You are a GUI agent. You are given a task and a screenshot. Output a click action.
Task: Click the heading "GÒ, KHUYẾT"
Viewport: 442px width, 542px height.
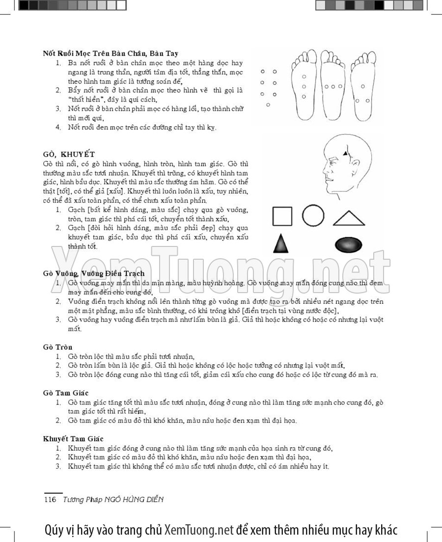tap(68, 154)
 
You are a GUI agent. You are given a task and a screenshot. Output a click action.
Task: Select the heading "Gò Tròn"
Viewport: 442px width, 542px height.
tap(57, 347)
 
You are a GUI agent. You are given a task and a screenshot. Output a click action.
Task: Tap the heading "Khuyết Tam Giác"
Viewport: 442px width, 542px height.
tap(73, 438)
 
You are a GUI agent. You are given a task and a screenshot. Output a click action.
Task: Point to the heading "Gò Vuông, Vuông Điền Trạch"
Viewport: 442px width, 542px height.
tap(94, 273)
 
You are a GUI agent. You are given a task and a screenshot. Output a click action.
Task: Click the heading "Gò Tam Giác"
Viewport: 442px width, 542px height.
tap(65, 393)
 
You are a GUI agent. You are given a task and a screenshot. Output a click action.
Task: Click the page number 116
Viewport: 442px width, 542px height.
tap(51, 500)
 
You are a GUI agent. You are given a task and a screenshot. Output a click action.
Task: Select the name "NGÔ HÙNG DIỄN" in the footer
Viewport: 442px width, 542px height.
tap(133, 500)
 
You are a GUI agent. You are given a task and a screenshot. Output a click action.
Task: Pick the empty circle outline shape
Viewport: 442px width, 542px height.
tap(313, 216)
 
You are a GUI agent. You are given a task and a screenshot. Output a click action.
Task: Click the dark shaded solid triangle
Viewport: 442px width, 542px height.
tap(280, 243)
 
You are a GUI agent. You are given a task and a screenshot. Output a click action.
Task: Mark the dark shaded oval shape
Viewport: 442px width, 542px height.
tap(348, 244)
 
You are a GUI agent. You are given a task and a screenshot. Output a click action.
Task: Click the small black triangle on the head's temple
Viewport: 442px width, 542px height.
tap(345, 154)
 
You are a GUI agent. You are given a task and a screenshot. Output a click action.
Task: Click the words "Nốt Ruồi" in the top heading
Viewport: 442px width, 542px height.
tap(56, 53)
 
